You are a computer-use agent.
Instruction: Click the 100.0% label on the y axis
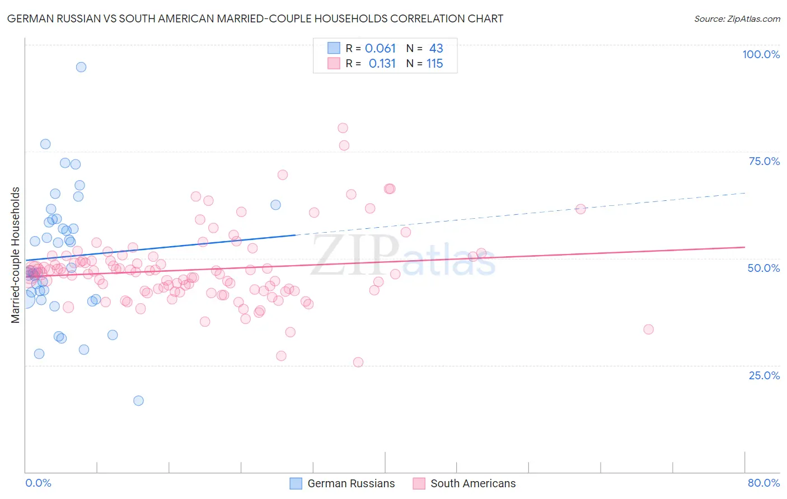[761, 54]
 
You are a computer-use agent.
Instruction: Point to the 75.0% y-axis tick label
[764, 161]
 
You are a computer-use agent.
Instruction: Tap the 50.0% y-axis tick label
[763, 268]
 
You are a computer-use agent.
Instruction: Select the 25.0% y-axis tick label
[764, 375]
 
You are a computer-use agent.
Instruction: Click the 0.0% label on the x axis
[38, 483]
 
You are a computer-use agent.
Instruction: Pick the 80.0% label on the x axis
[763, 483]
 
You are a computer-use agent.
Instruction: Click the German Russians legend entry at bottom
[351, 483]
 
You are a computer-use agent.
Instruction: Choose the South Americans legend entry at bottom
[473, 483]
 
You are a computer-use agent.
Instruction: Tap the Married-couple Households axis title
[16, 255]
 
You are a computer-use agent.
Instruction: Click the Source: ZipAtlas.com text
[737, 19]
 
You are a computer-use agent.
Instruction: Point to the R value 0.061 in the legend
[380, 49]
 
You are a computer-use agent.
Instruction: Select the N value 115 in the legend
[434, 64]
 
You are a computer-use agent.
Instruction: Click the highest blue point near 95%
[81, 67]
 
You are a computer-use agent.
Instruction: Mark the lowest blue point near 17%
[138, 401]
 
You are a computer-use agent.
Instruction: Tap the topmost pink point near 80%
[343, 128]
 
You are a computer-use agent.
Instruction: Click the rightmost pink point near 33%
[648, 329]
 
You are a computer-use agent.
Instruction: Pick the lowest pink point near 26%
[358, 362]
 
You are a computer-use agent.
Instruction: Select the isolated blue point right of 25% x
[275, 205]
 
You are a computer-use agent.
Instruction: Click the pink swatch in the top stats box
[334, 64]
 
